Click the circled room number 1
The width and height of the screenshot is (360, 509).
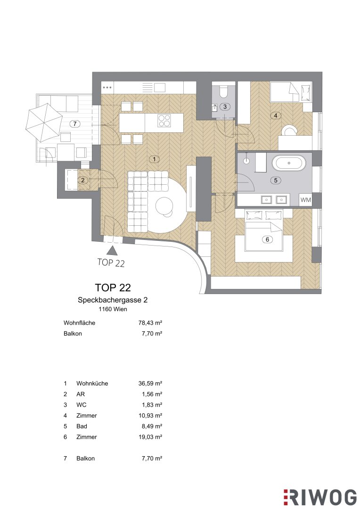[155, 159]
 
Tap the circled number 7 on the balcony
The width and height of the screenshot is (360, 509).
[75, 123]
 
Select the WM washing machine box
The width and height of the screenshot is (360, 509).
[305, 200]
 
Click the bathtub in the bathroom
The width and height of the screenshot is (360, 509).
[288, 163]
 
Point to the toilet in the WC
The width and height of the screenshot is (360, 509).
[224, 91]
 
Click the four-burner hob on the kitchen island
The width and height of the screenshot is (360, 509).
[164, 121]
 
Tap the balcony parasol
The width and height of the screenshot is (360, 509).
[44, 122]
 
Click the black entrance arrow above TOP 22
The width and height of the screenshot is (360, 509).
[112, 250]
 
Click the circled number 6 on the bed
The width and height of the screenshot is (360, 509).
[268, 239]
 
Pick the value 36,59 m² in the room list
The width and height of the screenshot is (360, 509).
[150, 383]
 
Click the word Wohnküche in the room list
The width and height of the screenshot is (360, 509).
[92, 383]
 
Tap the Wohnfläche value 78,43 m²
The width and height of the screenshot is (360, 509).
[150, 323]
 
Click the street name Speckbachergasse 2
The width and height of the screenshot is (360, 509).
[113, 300]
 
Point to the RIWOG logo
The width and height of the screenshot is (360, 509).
[320, 498]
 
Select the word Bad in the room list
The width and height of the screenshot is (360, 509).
[82, 426]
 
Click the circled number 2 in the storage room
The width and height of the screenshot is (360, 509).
[83, 180]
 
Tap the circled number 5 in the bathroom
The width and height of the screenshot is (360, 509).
[276, 180]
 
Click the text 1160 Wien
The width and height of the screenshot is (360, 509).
[113, 309]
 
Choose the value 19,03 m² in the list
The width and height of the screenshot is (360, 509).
[150, 437]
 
